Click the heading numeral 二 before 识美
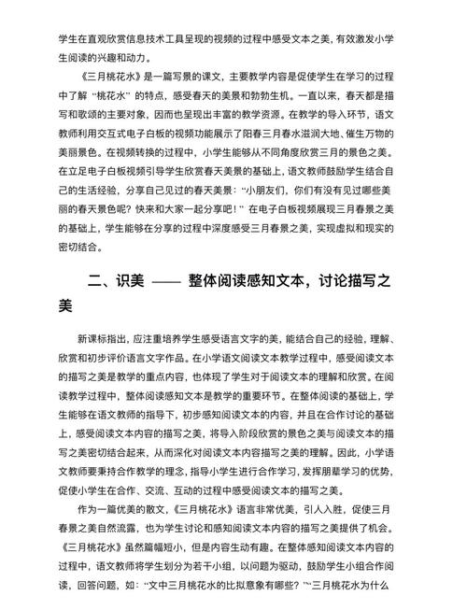pyautogui.click(x=95, y=280)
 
